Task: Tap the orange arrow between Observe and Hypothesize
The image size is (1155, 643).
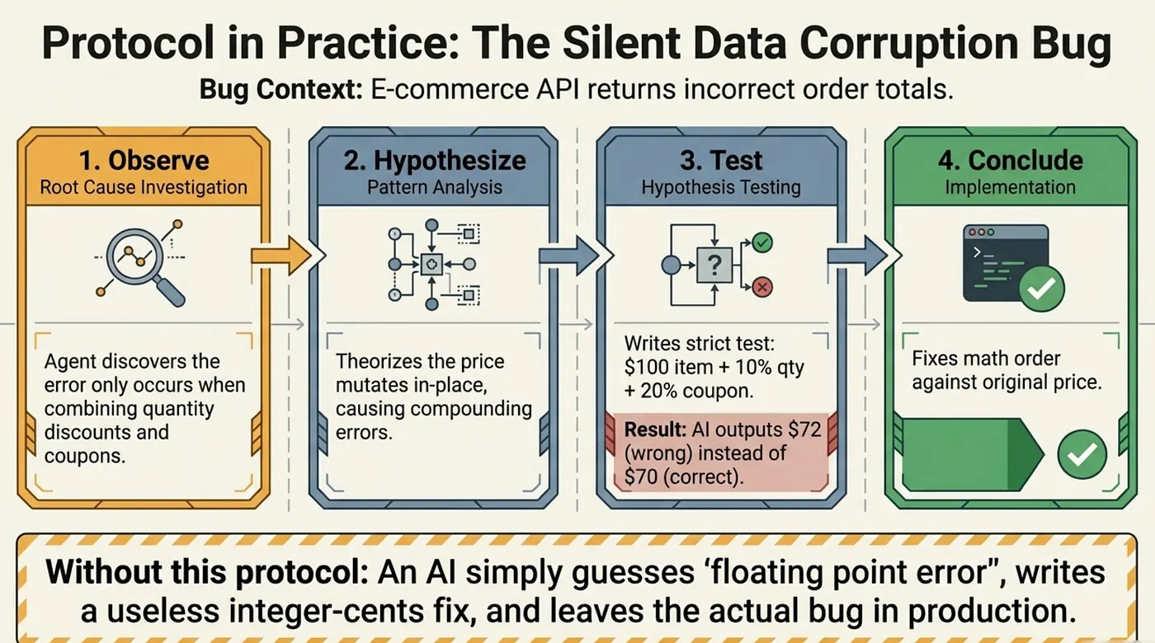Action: (281, 256)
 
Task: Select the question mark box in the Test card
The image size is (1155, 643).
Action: (714, 265)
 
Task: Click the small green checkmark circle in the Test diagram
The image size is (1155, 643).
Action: (762, 242)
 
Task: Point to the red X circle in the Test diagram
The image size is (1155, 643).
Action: (762, 287)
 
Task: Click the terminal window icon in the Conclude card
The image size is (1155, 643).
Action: (1006, 263)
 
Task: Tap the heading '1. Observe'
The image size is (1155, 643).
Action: (144, 160)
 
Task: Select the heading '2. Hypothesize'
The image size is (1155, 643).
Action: (435, 160)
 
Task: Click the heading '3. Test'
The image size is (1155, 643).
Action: (721, 160)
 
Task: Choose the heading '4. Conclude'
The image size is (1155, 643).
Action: (1011, 160)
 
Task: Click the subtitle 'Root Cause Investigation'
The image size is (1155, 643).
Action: (144, 187)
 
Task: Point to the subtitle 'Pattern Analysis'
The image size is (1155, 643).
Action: (435, 187)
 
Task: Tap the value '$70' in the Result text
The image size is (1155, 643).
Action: (640, 476)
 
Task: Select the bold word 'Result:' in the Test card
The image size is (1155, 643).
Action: (655, 429)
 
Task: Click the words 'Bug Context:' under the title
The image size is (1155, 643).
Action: (281, 89)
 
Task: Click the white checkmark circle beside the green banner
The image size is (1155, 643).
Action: (1082, 454)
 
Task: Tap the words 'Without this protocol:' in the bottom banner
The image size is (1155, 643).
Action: (207, 572)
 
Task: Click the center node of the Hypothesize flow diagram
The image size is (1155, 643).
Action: (431, 265)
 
